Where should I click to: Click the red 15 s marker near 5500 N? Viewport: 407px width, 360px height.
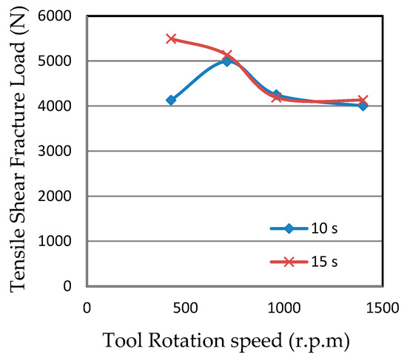[x=171, y=38]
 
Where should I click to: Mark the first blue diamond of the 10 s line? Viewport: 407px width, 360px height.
[x=171, y=100]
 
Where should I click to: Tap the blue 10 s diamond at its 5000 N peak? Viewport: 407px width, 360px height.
[x=227, y=61]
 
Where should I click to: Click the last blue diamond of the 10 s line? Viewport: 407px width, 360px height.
[x=363, y=106]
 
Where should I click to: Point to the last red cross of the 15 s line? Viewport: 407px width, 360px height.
[x=363, y=100]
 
